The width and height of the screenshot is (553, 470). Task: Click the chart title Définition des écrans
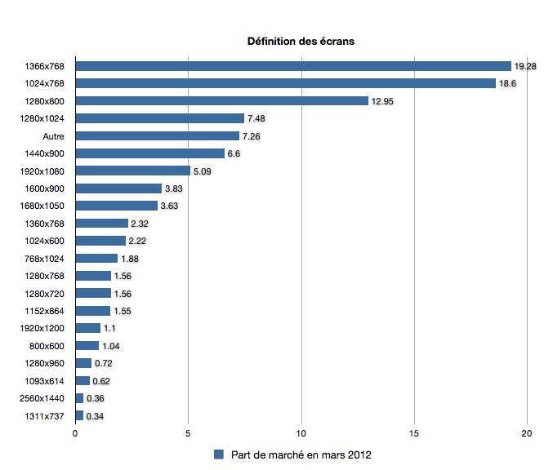coord(301,42)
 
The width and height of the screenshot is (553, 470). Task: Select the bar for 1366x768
coord(292,66)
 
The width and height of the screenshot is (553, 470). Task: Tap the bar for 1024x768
coord(285,83)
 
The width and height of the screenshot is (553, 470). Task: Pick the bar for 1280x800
coord(221,101)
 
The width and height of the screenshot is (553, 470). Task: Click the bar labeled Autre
coord(157,135)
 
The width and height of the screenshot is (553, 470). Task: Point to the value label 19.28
coord(525,66)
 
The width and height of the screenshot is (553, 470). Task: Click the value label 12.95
coord(382,101)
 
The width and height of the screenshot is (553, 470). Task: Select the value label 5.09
coord(203,171)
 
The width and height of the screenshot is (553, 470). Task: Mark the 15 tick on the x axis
coord(415,433)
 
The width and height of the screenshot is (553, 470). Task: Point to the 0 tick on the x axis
coord(75,433)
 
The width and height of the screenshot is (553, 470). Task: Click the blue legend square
coord(219,454)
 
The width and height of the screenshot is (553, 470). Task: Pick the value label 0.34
coord(95,416)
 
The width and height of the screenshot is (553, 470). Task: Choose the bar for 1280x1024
coord(159,118)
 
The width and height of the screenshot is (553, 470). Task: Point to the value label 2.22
coord(137,241)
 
